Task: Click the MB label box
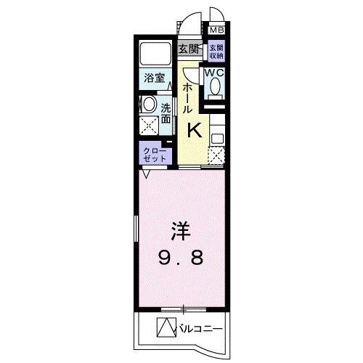pos(216,30)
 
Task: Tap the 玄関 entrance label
pos(188,49)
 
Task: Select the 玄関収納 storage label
pos(216,52)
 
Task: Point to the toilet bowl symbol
pos(216,86)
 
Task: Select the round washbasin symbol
pos(148,105)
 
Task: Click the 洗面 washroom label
pos(166,109)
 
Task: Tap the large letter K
pos(195,130)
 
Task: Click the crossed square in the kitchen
pos(216,155)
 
